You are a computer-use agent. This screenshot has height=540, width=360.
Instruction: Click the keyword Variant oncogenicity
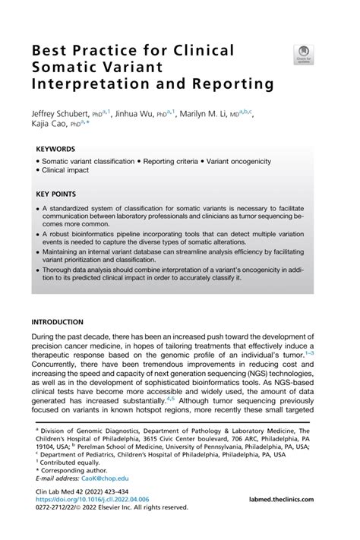pyautogui.click(x=245, y=163)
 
